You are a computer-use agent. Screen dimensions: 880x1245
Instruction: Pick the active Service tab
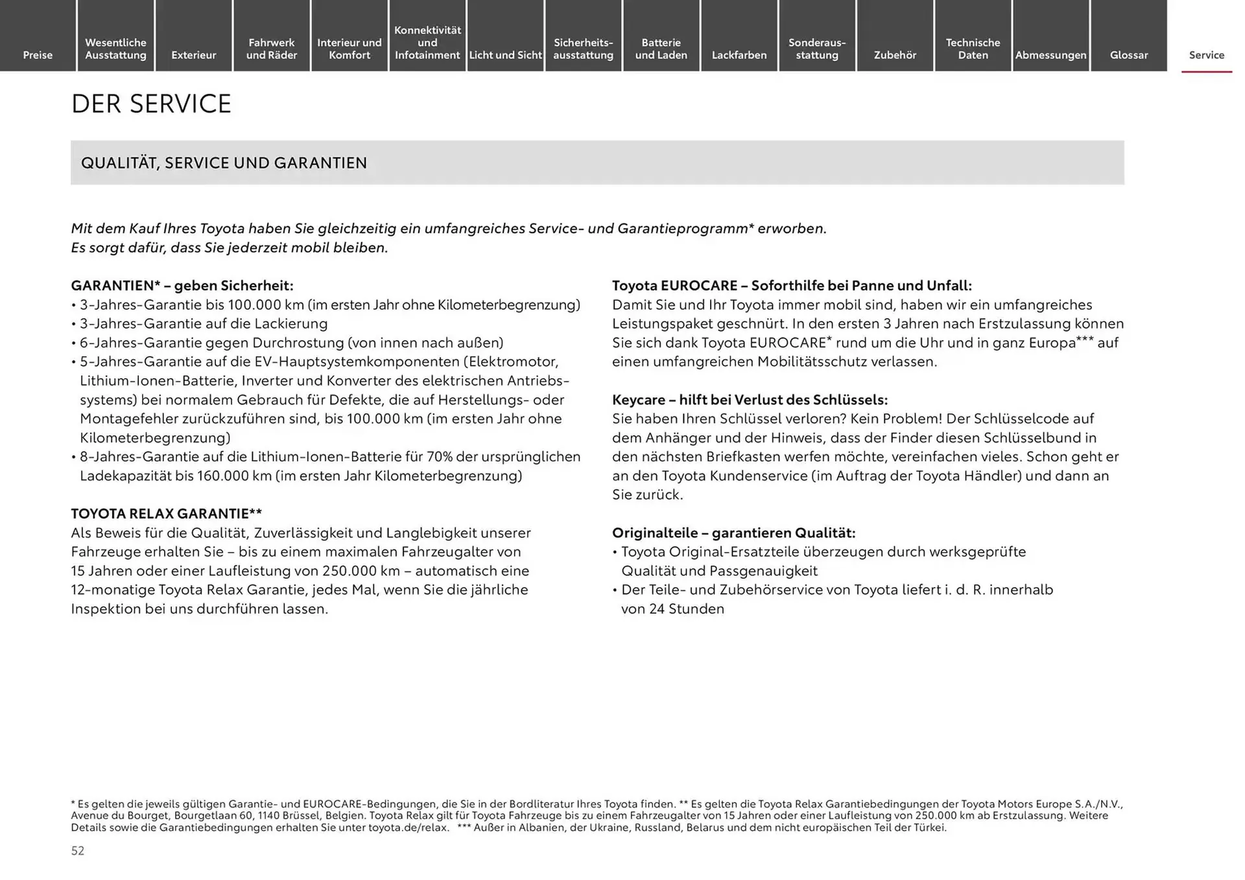point(1206,55)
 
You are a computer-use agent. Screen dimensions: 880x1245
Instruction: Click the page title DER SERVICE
point(151,104)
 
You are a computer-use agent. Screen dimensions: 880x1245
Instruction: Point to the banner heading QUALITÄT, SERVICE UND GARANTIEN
point(224,163)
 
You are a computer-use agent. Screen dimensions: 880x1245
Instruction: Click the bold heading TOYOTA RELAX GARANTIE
point(166,514)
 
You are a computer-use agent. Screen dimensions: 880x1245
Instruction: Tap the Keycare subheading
point(750,400)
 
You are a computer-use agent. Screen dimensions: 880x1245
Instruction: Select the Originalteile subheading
point(733,533)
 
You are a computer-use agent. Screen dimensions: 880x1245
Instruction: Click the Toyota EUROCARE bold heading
point(792,286)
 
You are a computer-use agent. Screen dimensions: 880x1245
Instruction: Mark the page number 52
point(78,851)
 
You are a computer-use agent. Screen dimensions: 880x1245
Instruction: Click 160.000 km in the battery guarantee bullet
point(234,476)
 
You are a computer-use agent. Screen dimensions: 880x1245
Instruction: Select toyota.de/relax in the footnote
point(408,828)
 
